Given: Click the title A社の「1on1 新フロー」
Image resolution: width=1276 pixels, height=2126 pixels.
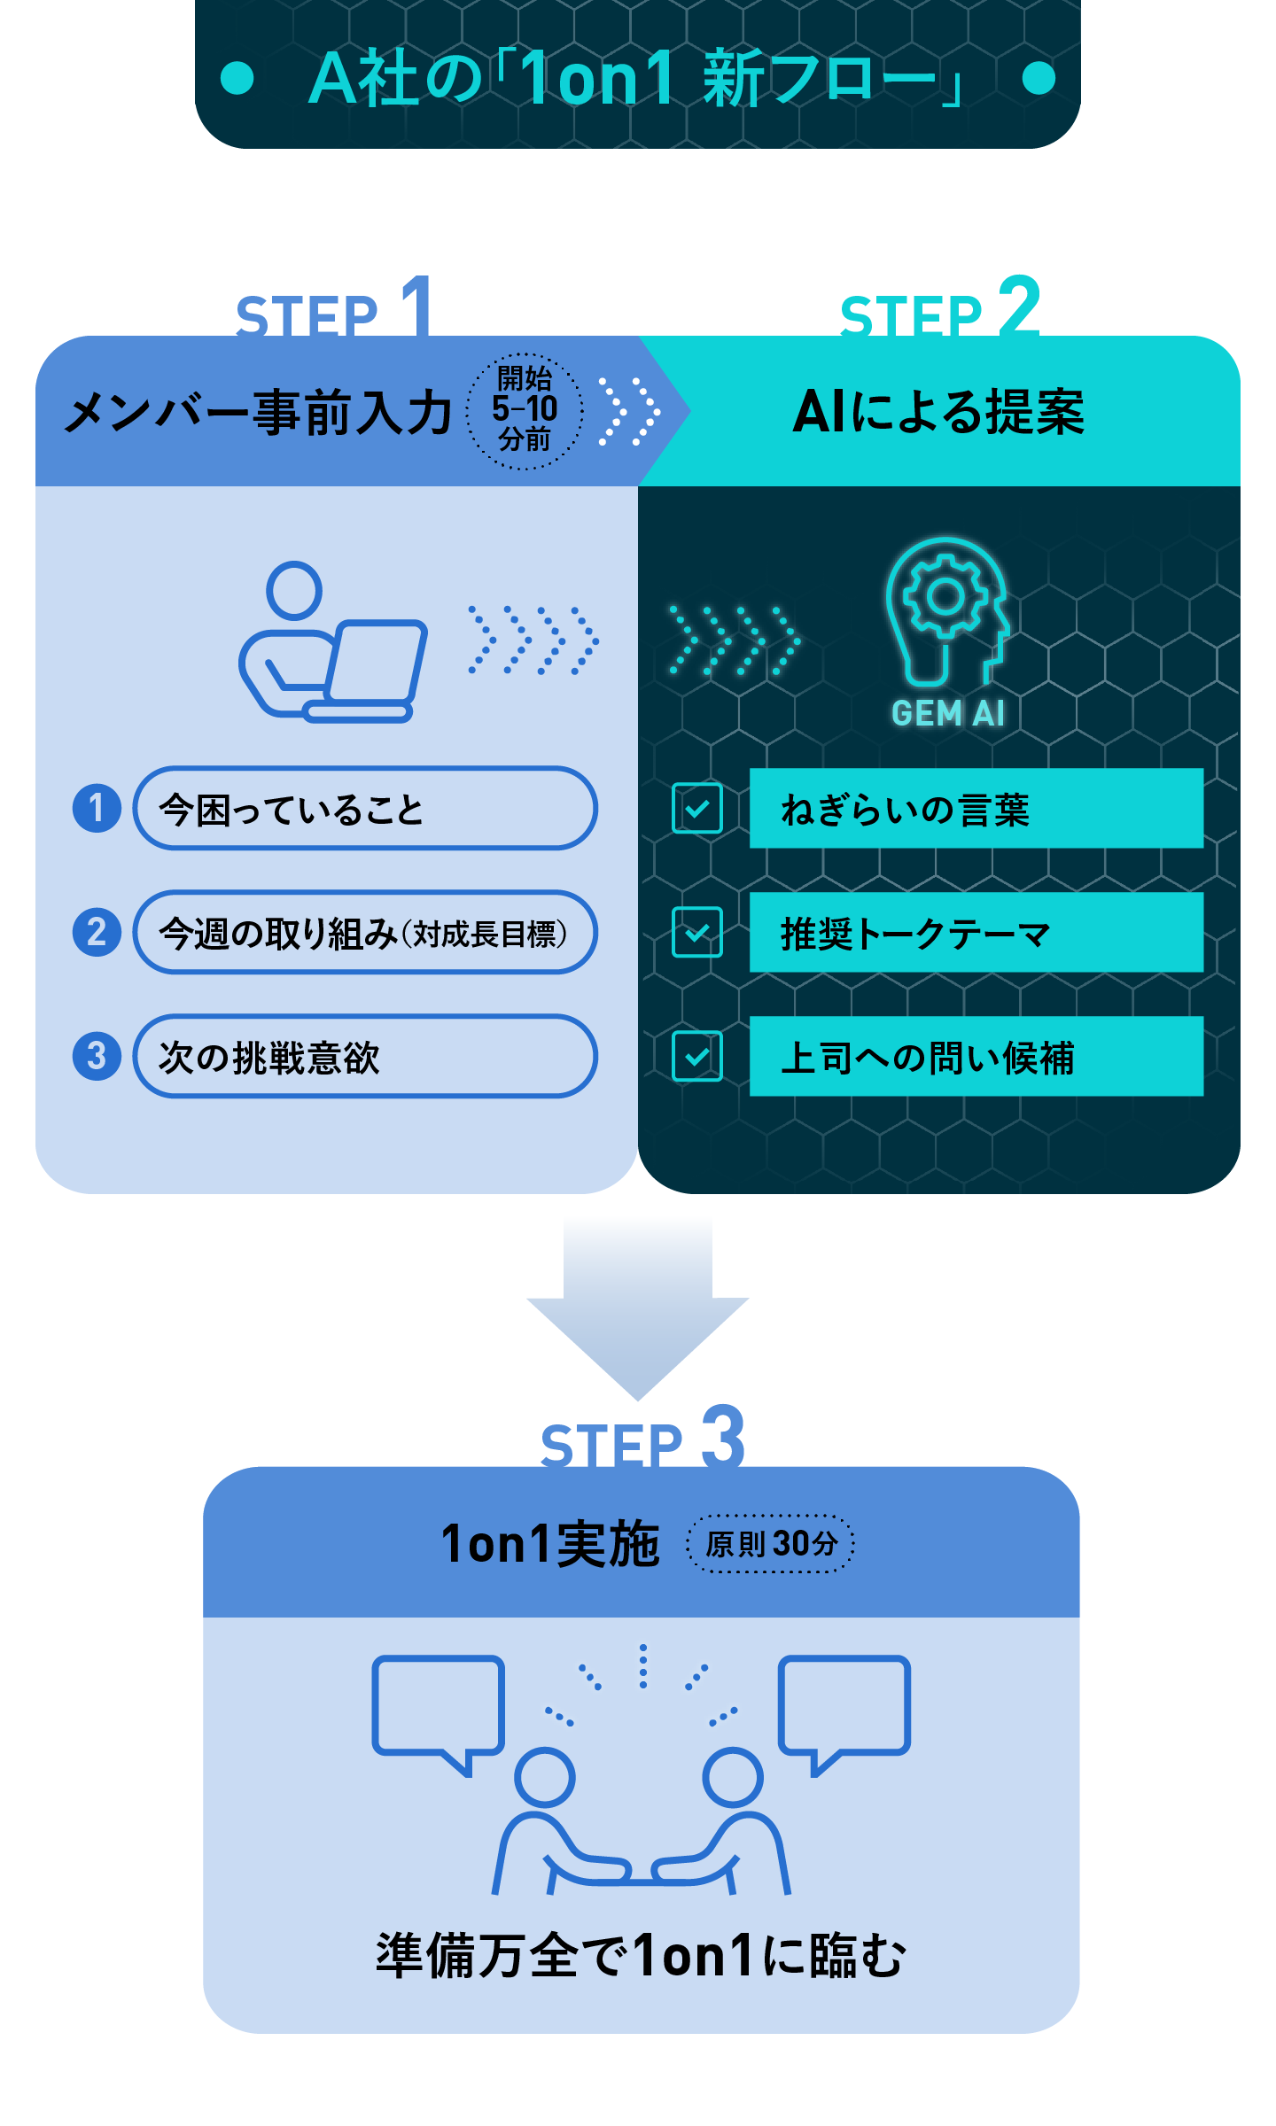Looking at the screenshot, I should [636, 78].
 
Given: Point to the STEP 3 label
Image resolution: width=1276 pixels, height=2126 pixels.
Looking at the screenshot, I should [642, 1439].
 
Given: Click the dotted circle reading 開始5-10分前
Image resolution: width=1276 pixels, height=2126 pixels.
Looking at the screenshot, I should [525, 410].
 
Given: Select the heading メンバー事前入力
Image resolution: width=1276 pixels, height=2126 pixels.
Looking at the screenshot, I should [259, 413].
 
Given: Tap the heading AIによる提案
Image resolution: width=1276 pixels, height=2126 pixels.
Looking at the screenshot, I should [938, 412].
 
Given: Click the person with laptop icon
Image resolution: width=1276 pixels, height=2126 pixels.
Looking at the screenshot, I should [332, 642].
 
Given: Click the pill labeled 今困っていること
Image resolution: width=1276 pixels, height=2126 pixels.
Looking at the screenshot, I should [364, 809].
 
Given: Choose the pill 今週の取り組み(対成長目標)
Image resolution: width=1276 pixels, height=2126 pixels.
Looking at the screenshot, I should [364, 933].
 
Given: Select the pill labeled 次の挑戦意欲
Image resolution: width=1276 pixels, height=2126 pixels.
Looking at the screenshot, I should [364, 1057].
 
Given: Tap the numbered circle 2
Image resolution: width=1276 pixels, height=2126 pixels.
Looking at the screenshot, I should [97, 932].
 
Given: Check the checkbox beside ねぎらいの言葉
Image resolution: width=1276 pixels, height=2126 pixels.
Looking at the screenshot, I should [697, 809].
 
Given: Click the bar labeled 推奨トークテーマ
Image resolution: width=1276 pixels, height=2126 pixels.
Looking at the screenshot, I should [976, 933].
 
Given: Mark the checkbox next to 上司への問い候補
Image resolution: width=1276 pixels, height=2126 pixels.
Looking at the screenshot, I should [697, 1057].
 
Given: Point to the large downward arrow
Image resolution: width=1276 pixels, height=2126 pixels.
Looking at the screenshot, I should [638, 1311].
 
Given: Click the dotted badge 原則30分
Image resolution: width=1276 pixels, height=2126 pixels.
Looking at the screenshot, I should [770, 1544].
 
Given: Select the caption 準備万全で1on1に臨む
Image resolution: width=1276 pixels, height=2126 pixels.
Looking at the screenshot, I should [641, 1955].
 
